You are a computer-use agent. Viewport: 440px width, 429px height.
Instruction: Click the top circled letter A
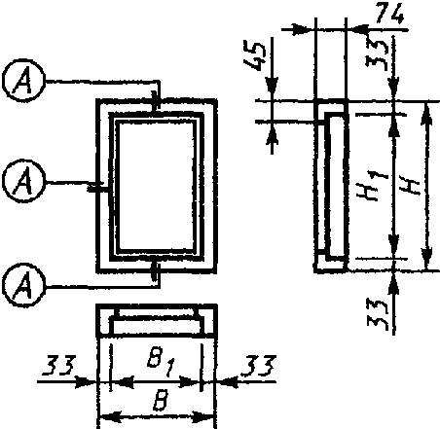click(x=23, y=80)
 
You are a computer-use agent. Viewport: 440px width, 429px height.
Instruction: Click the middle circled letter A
click(x=23, y=181)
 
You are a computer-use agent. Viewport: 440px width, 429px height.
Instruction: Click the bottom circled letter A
click(x=23, y=285)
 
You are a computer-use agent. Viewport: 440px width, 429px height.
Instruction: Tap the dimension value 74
click(x=390, y=15)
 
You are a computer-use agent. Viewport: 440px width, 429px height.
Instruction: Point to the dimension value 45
click(x=255, y=56)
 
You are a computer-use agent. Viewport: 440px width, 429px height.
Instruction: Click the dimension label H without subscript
click(x=412, y=187)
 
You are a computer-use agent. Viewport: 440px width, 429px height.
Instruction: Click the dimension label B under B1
click(x=162, y=401)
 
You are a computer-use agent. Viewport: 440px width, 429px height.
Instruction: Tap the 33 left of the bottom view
click(x=59, y=366)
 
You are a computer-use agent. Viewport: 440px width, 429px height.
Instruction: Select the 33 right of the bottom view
click(x=260, y=366)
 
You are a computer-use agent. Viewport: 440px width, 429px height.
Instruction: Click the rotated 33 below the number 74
click(x=377, y=54)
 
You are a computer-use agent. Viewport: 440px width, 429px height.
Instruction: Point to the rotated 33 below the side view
click(x=378, y=314)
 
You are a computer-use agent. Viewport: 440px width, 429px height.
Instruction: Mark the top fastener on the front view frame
click(x=156, y=102)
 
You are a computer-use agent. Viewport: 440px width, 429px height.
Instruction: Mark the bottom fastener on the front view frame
click(x=156, y=271)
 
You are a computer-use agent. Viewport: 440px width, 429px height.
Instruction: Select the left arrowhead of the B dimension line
click(x=110, y=416)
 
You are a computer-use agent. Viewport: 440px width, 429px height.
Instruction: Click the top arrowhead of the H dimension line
click(x=427, y=114)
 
